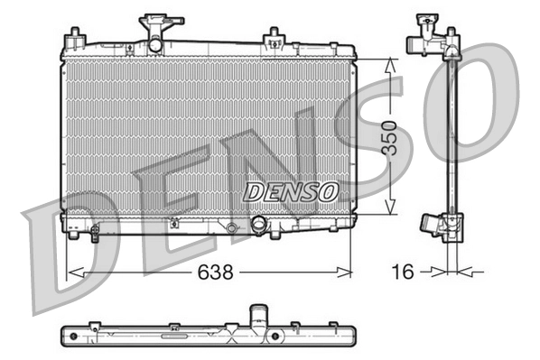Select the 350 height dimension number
(389, 137)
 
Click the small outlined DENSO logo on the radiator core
(292, 191)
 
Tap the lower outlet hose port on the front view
(259, 226)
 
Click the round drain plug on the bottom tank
(232, 229)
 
